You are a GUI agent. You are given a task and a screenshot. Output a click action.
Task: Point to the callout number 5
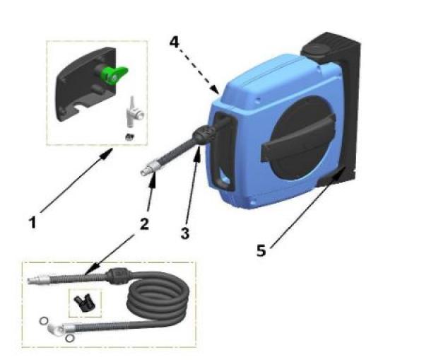pyautogui.click(x=261, y=250)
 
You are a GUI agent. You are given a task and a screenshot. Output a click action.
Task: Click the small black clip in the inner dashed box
pyautogui.click(x=83, y=303)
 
